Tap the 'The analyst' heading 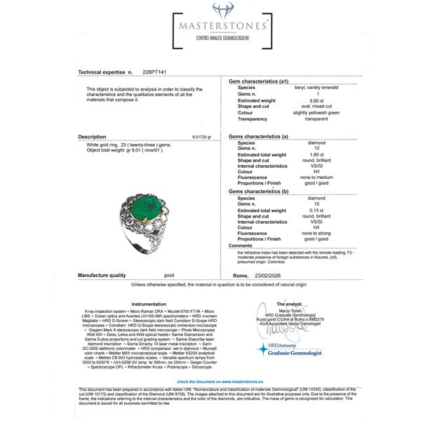(x=289, y=304)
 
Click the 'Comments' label (x=241, y=246)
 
